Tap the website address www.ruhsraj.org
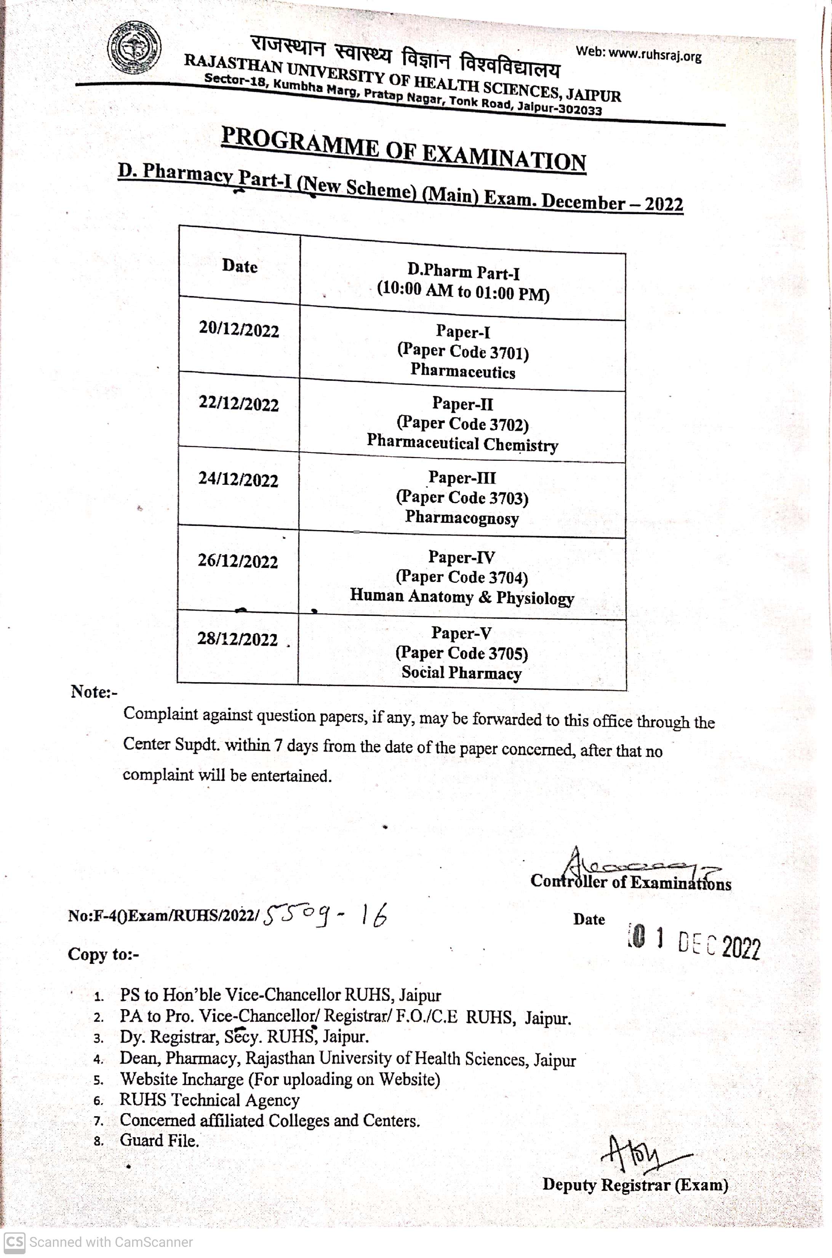click(x=638, y=54)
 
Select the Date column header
click(x=240, y=265)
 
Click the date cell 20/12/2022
click(x=239, y=330)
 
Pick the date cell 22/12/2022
click(x=239, y=404)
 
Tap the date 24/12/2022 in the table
click(x=238, y=479)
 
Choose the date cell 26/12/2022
click(x=238, y=561)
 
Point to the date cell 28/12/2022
click(x=237, y=639)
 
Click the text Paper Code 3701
click(x=463, y=351)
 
